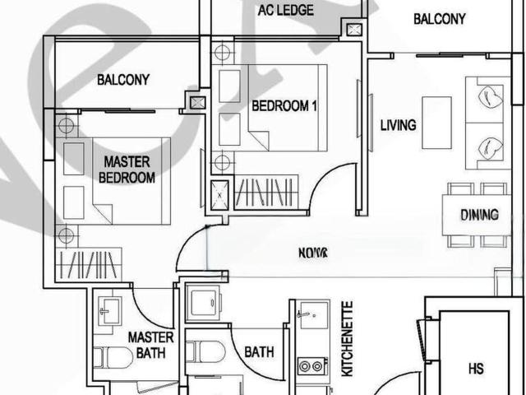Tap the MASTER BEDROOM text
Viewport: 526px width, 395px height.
point(127,170)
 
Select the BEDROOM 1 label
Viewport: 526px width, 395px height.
point(284,105)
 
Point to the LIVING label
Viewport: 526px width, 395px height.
point(398,126)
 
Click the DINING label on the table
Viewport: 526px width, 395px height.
point(479,216)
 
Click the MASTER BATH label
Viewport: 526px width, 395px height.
point(150,346)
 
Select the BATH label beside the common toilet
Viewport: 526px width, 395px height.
point(259,352)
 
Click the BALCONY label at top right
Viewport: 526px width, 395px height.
point(439,19)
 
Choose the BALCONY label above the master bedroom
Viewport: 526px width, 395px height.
point(123,80)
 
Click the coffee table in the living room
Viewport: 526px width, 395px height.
point(436,111)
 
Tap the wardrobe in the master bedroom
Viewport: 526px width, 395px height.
point(90,266)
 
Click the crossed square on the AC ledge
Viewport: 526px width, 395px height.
point(354,30)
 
